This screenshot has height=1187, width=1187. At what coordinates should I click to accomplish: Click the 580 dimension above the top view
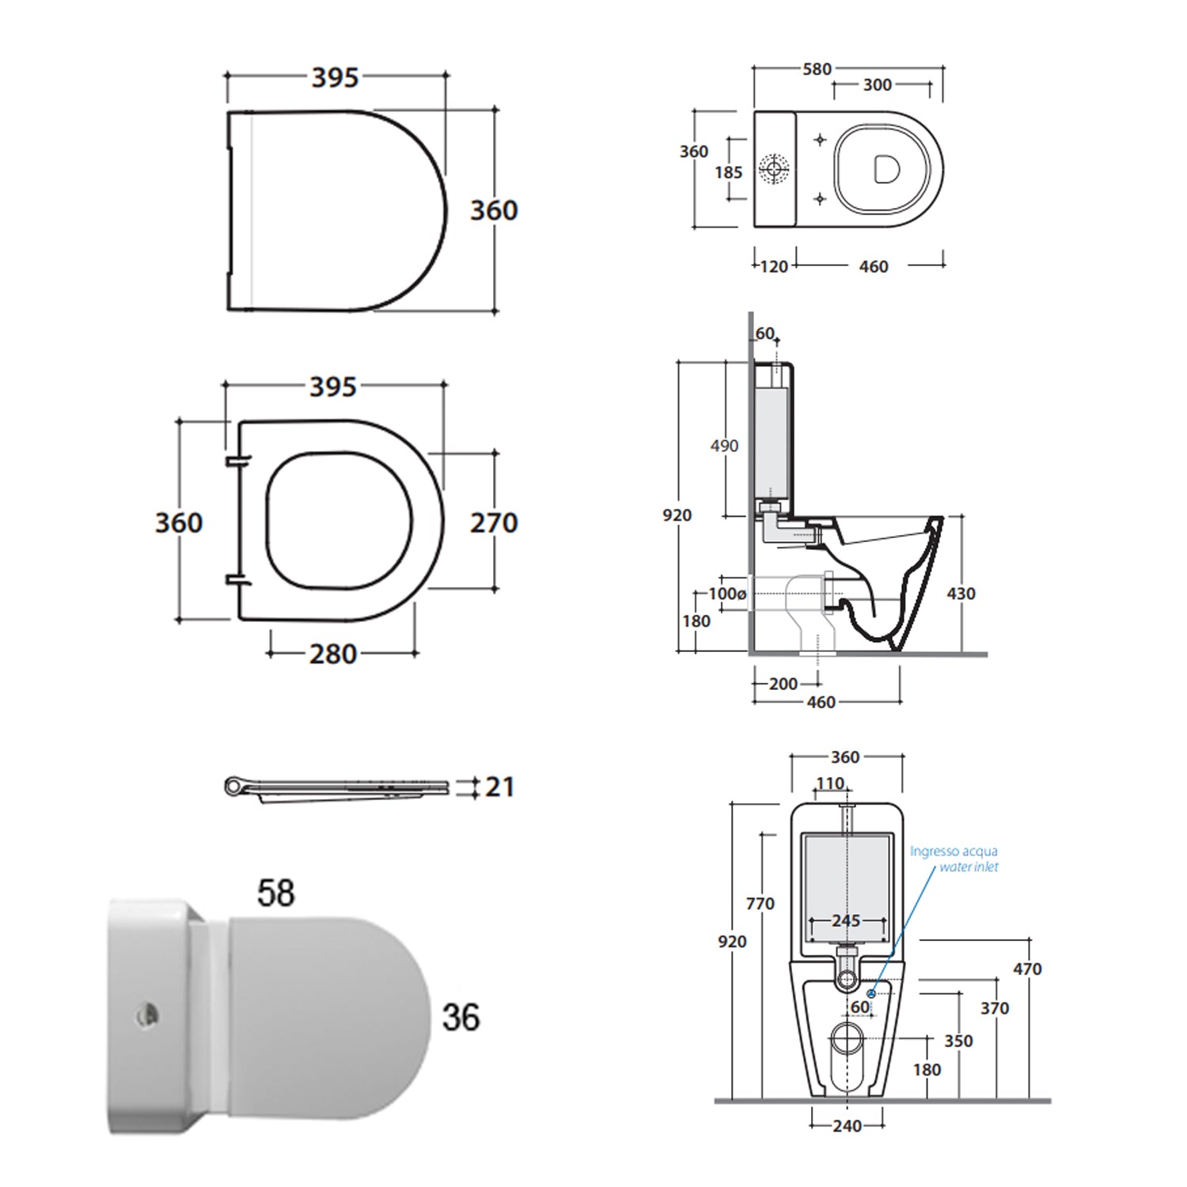pos(817,70)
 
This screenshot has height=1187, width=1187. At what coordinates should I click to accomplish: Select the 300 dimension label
pos(877,85)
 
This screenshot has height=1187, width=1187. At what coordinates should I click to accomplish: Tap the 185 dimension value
pos(728,173)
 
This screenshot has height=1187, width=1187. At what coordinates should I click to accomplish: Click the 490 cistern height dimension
pos(724,446)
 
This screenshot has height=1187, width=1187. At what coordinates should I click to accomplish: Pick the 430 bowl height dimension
pos(961,593)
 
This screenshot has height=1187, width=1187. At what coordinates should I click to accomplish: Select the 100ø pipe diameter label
pos(727,593)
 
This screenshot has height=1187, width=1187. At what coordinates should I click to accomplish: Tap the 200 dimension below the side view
pos(783,684)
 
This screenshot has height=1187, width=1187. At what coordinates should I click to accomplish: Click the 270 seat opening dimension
pos(494,523)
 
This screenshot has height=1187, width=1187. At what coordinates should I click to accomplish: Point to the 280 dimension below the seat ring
pos(333,654)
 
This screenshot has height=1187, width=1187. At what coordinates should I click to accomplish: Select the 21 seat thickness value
pos(499,787)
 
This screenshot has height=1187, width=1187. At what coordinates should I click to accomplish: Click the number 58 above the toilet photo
pos(275,893)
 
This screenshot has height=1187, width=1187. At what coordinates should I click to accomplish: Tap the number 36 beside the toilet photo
pos(461,1018)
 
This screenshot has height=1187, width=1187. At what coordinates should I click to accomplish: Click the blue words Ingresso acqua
pos(954,851)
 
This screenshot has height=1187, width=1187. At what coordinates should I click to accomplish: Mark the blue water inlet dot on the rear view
pos(871,993)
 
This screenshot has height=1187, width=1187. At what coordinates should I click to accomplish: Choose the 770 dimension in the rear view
pos(760,904)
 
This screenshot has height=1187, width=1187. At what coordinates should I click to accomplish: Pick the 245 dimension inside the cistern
pos(846,921)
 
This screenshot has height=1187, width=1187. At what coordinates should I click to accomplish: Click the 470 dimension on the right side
pos(1027,969)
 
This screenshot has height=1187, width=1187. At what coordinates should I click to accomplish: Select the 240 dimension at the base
pos(847,1125)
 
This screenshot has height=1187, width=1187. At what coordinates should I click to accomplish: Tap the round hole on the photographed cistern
pos(147,1014)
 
